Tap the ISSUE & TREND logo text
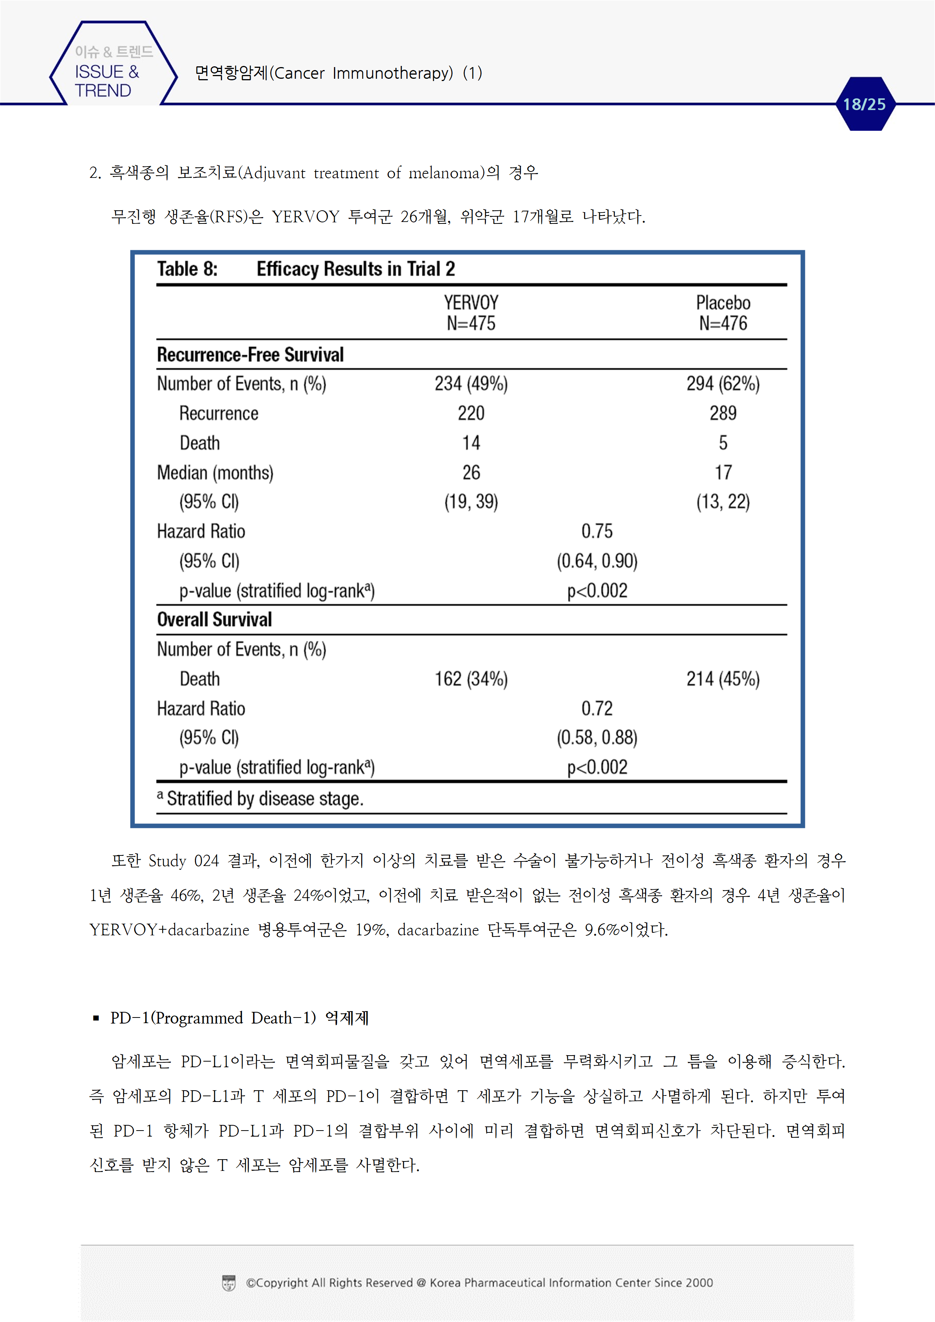(107, 81)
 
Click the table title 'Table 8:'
(187, 269)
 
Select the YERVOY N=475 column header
(471, 313)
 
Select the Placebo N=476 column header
(723, 313)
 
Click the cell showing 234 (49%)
(471, 384)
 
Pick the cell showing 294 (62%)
(723, 384)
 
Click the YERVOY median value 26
(471, 472)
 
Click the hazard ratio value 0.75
(597, 531)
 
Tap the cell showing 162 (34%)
(471, 679)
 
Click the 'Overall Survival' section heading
(214, 620)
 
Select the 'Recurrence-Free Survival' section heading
(250, 355)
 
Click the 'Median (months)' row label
(215, 472)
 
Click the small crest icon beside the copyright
(229, 1283)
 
